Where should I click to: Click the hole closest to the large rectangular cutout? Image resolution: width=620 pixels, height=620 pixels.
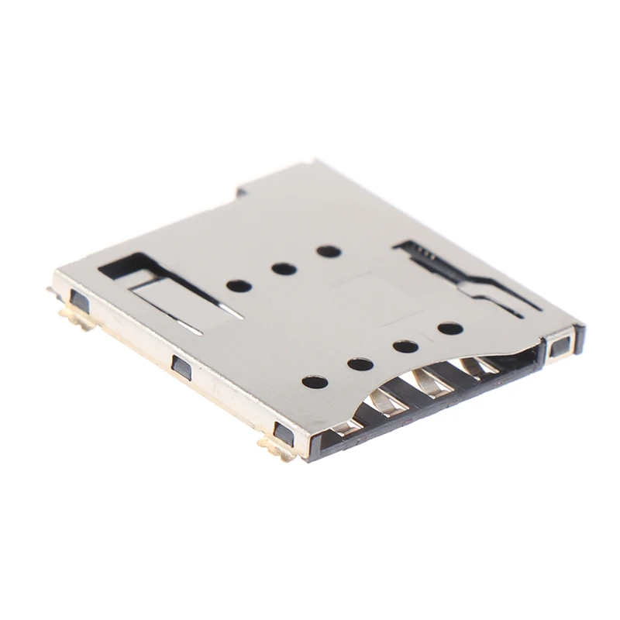pos(239,285)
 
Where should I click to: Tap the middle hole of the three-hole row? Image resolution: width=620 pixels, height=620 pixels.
pos(284,269)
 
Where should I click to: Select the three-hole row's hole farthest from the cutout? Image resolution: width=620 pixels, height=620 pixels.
pos(329,251)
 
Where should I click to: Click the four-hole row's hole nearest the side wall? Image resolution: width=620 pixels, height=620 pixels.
pos(315,381)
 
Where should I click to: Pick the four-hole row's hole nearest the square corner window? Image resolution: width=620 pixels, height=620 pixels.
pos(449,329)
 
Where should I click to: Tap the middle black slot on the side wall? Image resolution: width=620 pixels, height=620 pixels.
pos(181,367)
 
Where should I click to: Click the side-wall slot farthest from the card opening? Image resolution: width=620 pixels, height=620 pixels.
pos(80,299)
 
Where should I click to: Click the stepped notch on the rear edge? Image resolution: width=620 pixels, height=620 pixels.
pos(242,191)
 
